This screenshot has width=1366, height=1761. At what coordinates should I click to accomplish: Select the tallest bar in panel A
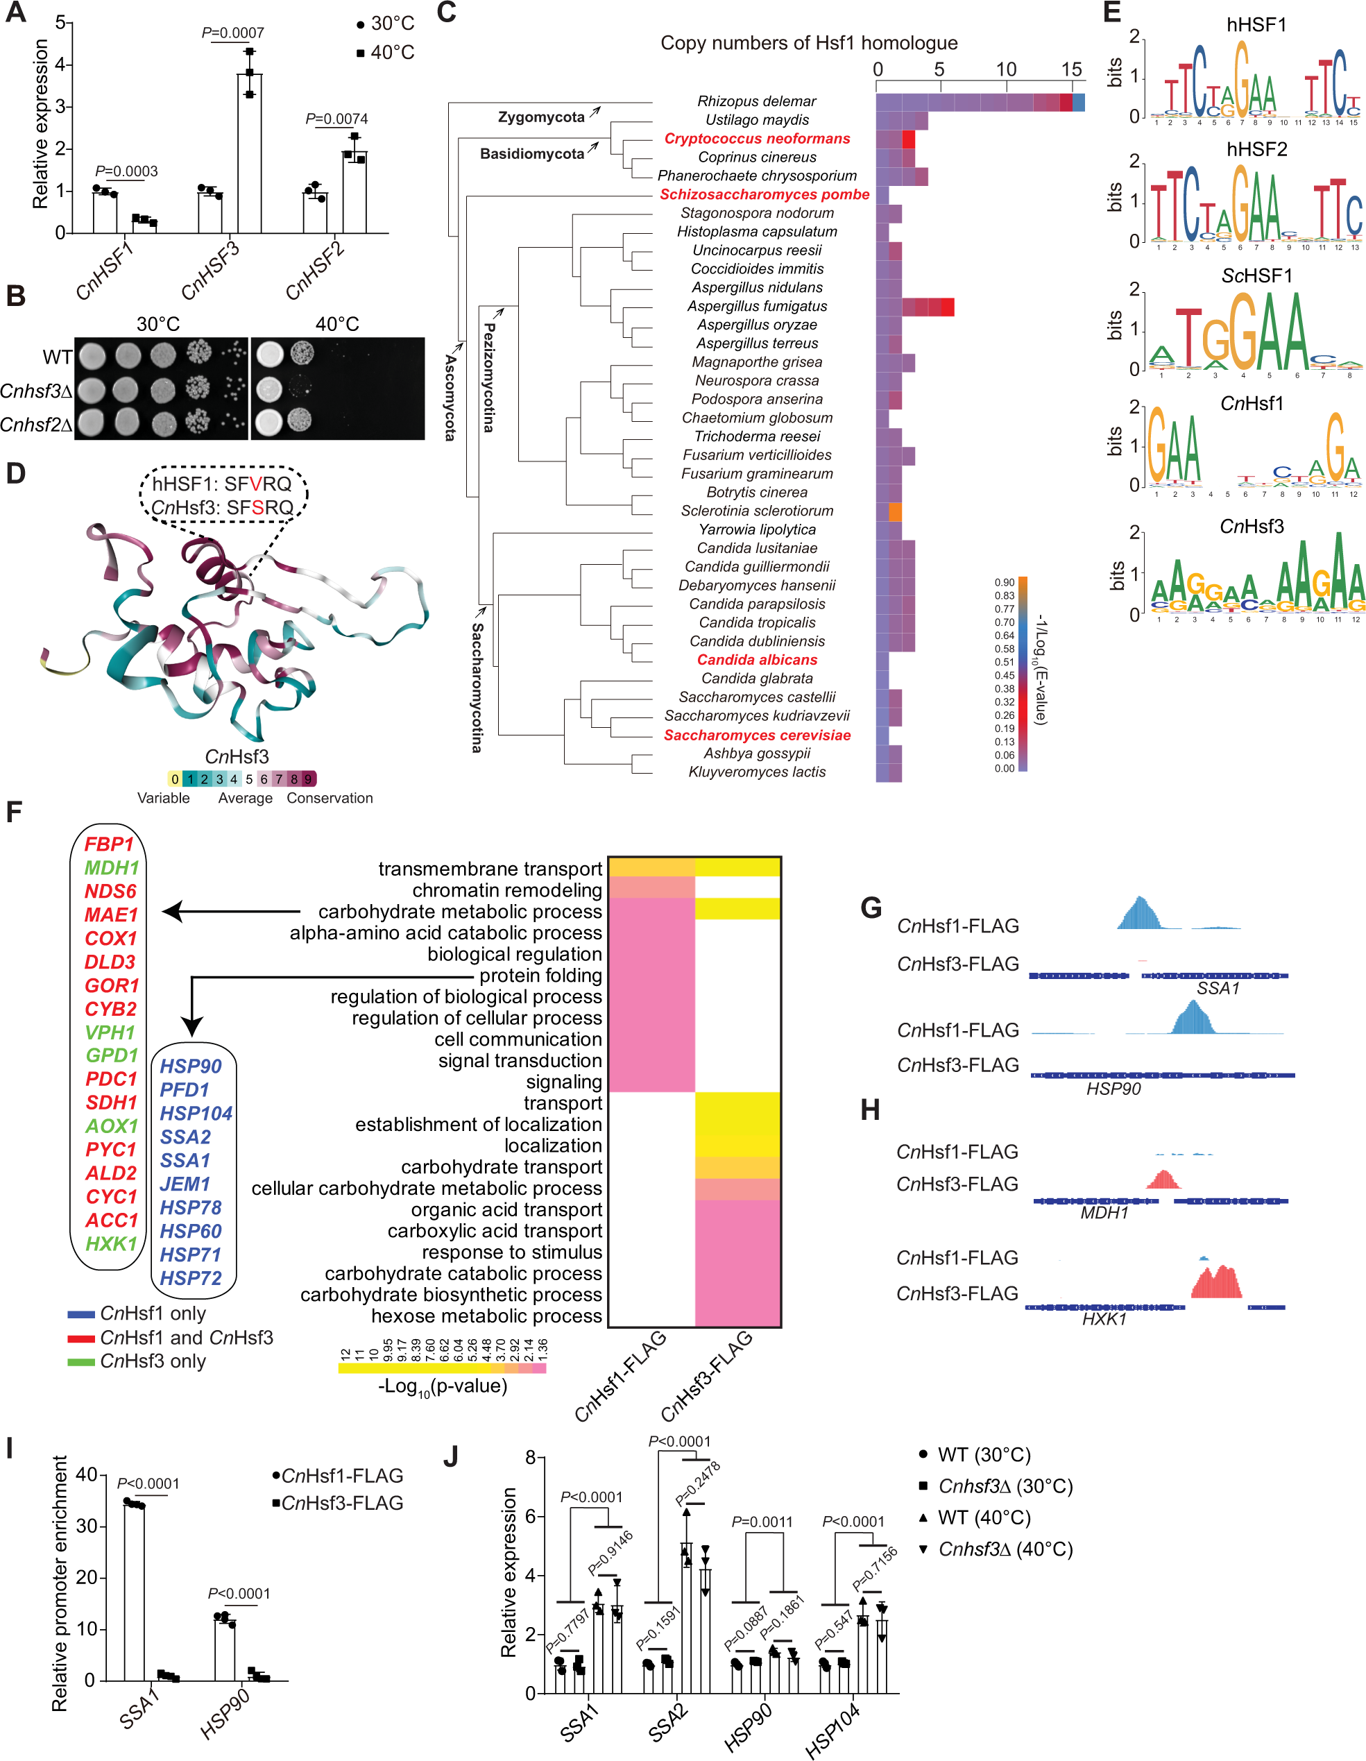[x=249, y=153]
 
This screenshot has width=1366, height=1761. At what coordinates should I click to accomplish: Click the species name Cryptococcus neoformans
[x=756, y=139]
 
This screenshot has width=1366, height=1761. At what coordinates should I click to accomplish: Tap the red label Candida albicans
[x=756, y=660]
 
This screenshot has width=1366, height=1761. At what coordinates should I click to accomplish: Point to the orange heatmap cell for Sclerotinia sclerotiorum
[x=895, y=511]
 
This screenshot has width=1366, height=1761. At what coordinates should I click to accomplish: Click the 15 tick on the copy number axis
[x=1071, y=69]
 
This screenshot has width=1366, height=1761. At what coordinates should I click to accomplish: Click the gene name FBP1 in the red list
[x=109, y=844]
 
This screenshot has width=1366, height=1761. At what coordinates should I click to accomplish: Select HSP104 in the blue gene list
[x=195, y=1114]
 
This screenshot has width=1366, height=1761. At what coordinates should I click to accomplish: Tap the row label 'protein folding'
[x=540, y=976]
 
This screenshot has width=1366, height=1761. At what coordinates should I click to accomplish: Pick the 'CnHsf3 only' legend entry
[x=153, y=1361]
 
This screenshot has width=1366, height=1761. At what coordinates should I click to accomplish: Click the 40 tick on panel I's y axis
[x=86, y=1474]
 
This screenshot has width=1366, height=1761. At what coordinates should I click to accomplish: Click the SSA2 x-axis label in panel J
[x=667, y=1721]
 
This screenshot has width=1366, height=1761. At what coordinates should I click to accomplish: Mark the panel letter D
[x=15, y=473]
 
